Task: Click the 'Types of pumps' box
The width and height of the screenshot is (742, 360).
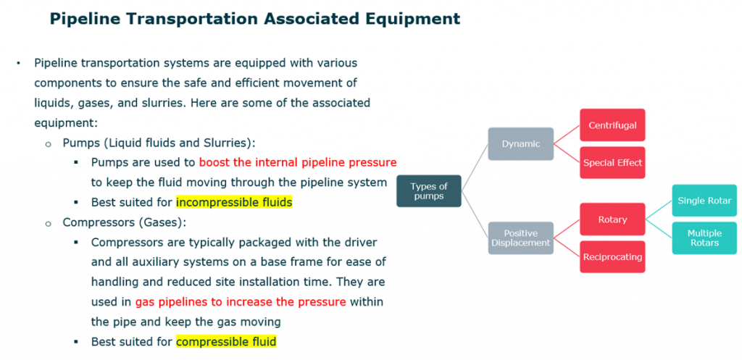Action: pyautogui.click(x=429, y=191)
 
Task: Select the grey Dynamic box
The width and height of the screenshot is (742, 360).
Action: pyautogui.click(x=520, y=144)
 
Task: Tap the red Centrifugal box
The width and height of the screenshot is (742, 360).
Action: pyautogui.click(x=612, y=125)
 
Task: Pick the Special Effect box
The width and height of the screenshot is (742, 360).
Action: pyautogui.click(x=612, y=163)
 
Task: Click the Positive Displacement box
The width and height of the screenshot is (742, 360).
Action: pyautogui.click(x=520, y=238)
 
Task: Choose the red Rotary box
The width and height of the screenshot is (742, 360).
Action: pyautogui.click(x=612, y=219)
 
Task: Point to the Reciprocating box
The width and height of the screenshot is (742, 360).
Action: pyautogui.click(x=612, y=257)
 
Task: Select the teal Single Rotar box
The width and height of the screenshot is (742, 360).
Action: pyautogui.click(x=704, y=201)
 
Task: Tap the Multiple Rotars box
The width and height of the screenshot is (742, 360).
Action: pyautogui.click(x=704, y=238)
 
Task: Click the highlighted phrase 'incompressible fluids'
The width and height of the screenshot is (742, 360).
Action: pyautogui.click(x=234, y=203)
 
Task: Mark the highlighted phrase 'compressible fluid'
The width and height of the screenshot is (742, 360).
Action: pyautogui.click(x=226, y=341)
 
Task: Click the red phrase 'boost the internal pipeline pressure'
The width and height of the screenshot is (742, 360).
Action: pyautogui.click(x=298, y=163)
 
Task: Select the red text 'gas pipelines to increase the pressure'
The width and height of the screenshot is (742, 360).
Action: pyautogui.click(x=241, y=301)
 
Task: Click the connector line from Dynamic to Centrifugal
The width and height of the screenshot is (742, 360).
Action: pyautogui.click(x=567, y=134)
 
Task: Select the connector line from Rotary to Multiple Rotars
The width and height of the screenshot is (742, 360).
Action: pyautogui.click(x=659, y=228)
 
